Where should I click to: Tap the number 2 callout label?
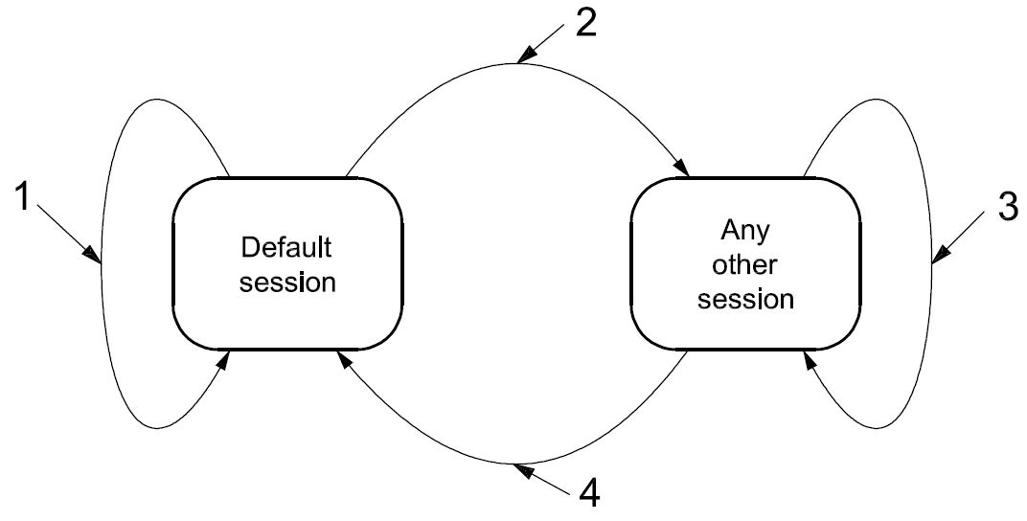pyautogui.click(x=587, y=22)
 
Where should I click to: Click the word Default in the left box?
pyautogui.click(x=286, y=248)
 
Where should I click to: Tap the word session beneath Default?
pyautogui.click(x=287, y=283)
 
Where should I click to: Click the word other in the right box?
pyautogui.click(x=745, y=265)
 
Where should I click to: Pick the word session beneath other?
pyautogui.click(x=745, y=300)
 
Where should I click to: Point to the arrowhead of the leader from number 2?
pyautogui.click(x=521, y=58)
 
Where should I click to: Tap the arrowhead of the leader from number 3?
pyautogui.click(x=937, y=256)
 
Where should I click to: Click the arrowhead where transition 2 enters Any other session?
pyautogui.click(x=683, y=170)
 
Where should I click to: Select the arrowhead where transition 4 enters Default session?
pyautogui.click(x=342, y=357)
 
